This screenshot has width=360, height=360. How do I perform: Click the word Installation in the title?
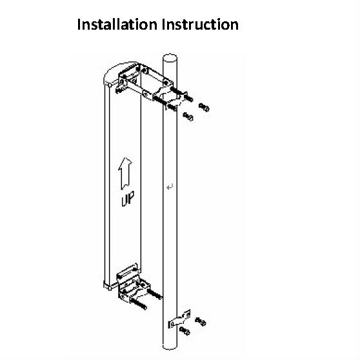117,25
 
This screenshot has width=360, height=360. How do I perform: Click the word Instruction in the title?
200,25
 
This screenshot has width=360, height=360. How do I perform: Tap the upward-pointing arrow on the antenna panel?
125,174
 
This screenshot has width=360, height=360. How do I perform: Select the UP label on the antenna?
128,199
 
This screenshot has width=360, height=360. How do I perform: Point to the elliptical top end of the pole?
170,57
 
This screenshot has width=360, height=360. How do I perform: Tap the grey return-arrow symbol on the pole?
170,187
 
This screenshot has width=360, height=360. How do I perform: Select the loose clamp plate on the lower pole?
179,319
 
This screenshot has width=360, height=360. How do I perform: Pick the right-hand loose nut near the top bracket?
204,107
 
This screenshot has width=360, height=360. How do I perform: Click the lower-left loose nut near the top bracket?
188,117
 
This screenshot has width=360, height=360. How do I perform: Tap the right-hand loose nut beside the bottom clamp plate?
201,321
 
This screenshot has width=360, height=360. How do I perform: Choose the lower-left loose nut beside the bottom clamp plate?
185,331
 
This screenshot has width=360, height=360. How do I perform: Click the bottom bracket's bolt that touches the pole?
154,294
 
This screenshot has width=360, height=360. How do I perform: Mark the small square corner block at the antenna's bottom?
107,286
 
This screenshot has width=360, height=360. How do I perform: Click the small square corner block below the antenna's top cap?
110,85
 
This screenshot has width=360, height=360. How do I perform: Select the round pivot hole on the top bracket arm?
146,94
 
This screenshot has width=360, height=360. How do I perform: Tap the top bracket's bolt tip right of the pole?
189,98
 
